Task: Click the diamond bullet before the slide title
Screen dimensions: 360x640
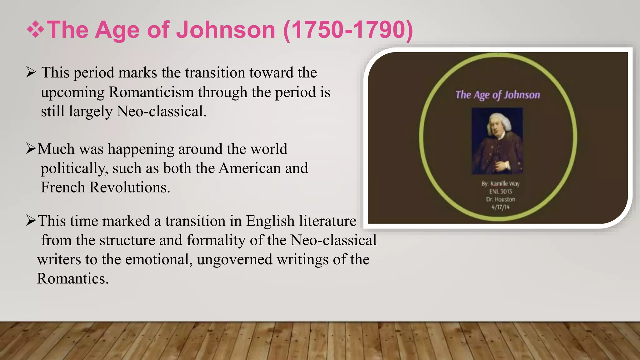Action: tap(35, 30)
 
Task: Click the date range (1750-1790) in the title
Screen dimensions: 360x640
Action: tap(348, 30)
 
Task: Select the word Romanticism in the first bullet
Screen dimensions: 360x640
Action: tap(151, 92)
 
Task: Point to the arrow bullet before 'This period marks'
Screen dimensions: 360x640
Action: tap(31, 72)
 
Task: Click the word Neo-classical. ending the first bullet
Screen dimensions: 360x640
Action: tap(162, 111)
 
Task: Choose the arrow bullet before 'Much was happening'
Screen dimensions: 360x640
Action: tap(31, 149)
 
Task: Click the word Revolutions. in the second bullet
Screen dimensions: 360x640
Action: tap(130, 187)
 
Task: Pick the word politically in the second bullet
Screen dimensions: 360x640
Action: tap(74, 168)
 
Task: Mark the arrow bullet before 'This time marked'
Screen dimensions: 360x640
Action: tap(31, 221)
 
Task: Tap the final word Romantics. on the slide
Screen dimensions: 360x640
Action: tap(73, 278)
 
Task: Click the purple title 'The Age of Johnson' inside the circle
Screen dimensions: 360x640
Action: tap(497, 95)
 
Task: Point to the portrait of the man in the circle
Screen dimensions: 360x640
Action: tap(497, 141)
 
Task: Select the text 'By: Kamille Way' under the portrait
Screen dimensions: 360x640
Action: tap(500, 184)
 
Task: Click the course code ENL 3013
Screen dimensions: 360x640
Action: tap(500, 192)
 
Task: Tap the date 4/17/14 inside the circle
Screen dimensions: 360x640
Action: tap(500, 207)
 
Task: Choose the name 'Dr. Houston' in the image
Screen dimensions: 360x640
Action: tap(500, 199)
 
